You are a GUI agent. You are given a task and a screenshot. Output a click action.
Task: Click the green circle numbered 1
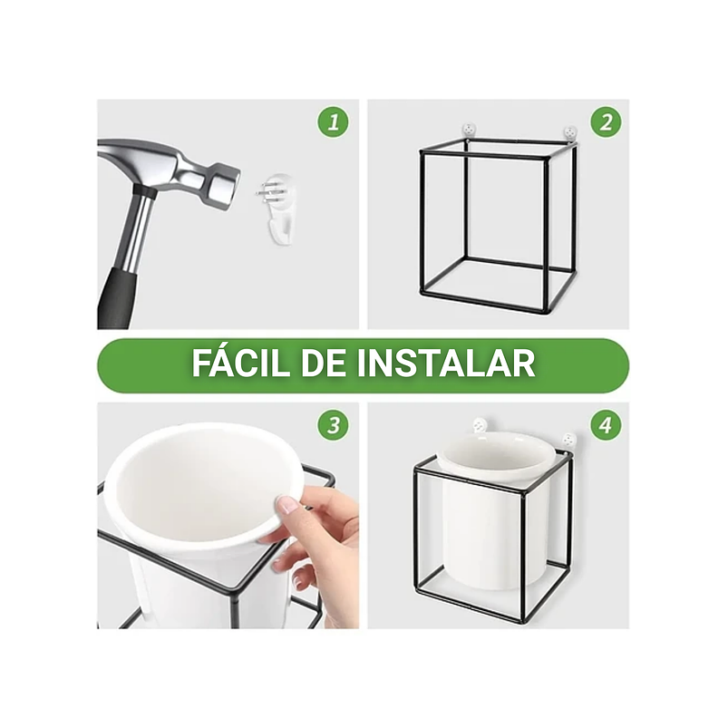(x=333, y=122)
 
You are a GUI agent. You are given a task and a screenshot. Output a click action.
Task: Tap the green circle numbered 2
(x=606, y=122)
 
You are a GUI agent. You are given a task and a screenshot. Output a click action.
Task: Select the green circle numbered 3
(x=333, y=424)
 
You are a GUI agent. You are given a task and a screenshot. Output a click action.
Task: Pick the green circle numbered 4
(x=606, y=424)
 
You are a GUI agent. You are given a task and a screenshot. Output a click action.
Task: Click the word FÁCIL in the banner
(x=235, y=364)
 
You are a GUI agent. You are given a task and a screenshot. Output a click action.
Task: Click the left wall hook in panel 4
(x=478, y=424)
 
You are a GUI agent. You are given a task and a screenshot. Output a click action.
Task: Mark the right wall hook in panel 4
(x=569, y=438)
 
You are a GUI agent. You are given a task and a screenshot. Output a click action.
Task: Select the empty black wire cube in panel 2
(x=497, y=227)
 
